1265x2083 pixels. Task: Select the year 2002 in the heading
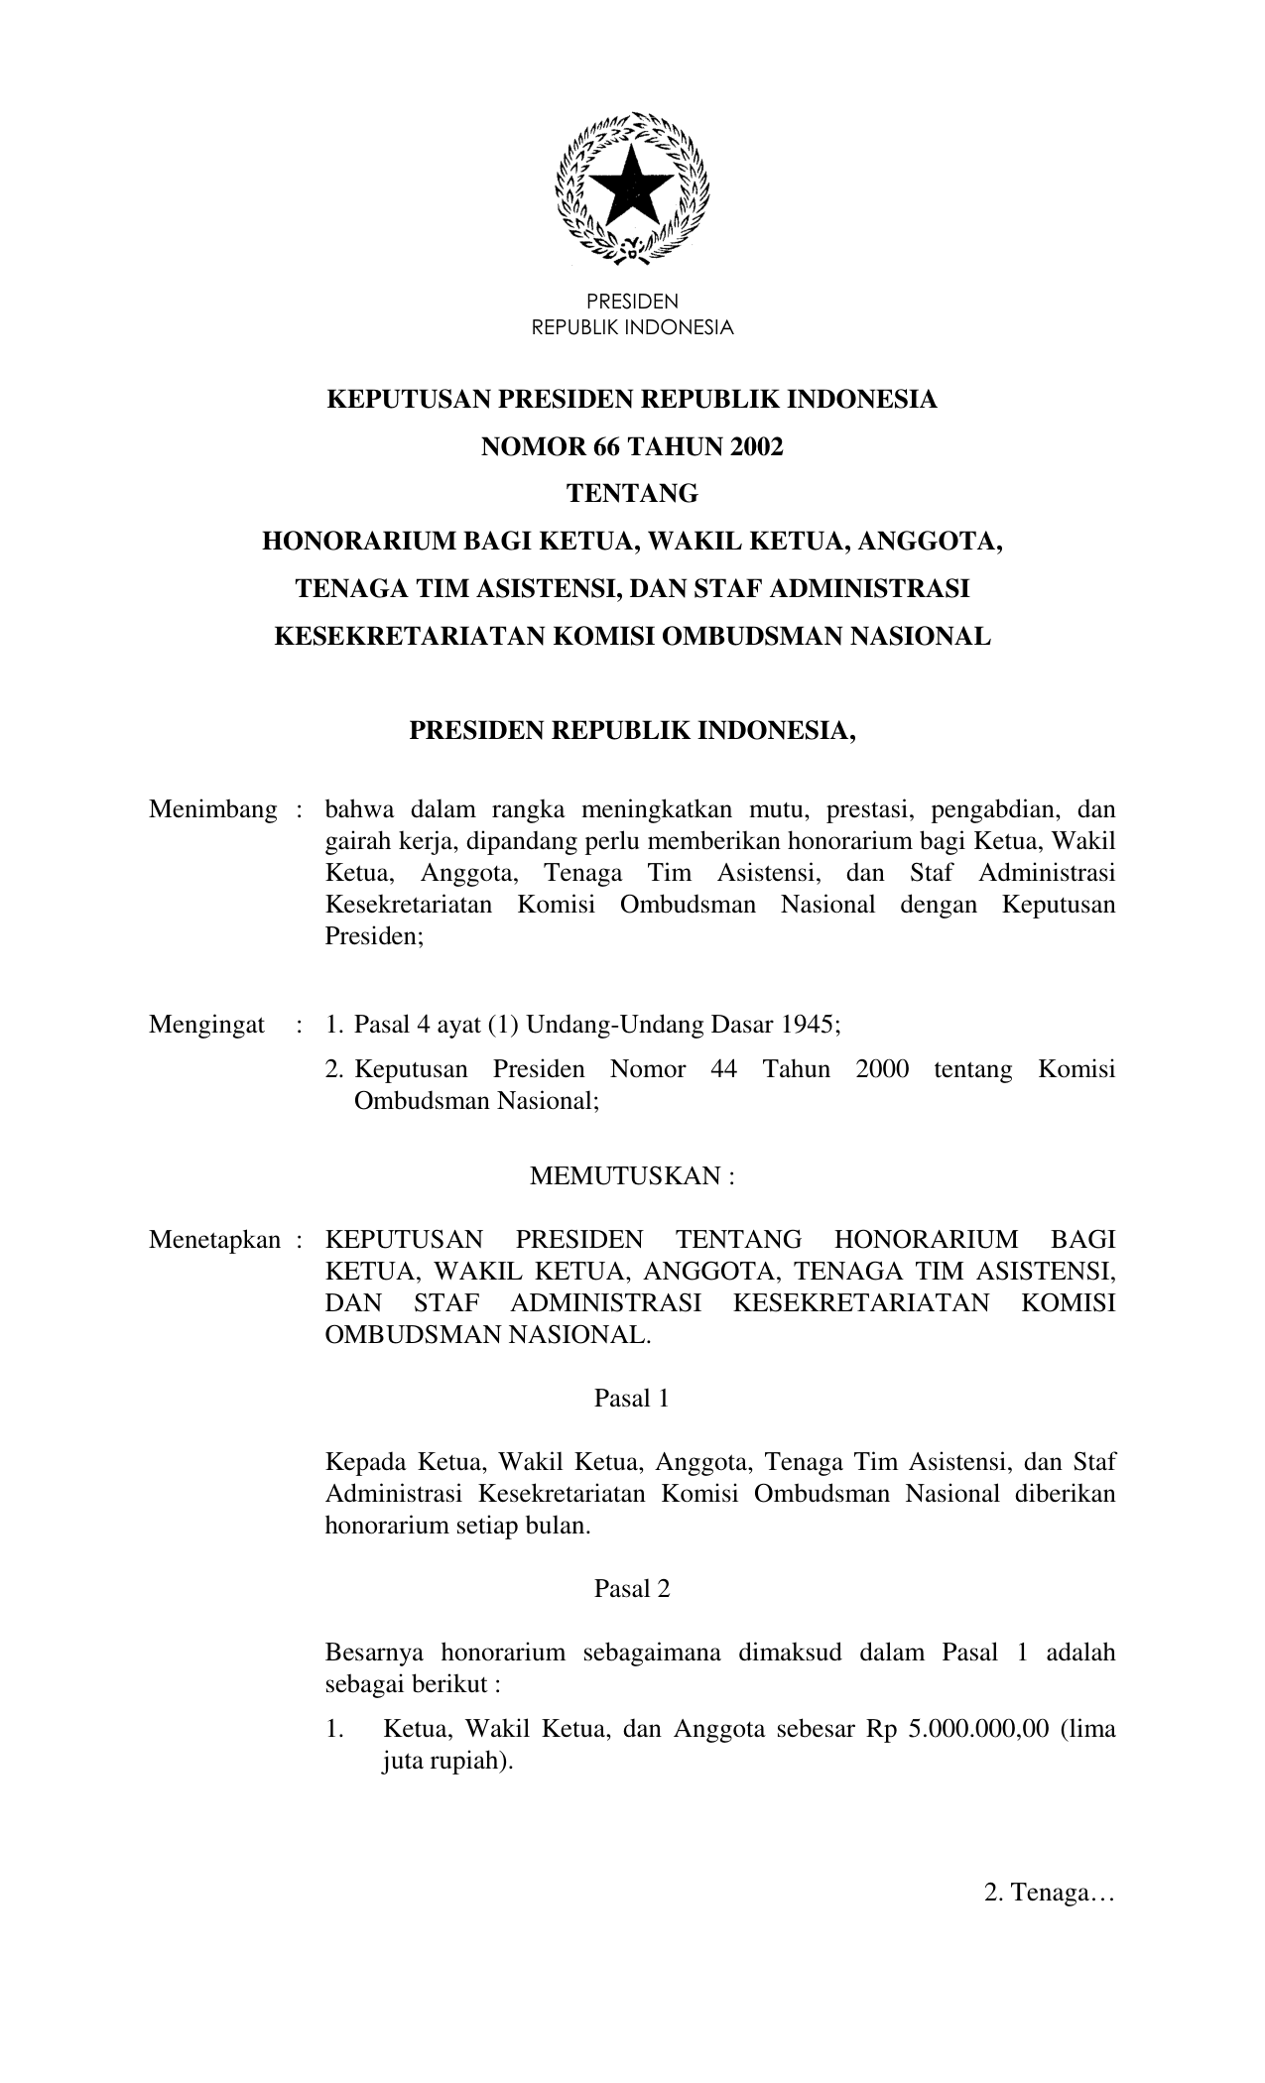pyautogui.click(x=759, y=447)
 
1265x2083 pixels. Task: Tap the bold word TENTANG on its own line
pyautogui.click(x=632, y=494)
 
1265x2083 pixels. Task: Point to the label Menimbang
pyautogui.click(x=212, y=810)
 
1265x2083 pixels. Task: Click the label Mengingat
pyautogui.click(x=206, y=1025)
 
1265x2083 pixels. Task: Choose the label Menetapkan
pyautogui.click(x=214, y=1240)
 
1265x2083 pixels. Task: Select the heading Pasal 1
pyautogui.click(x=631, y=1399)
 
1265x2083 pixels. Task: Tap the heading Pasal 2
pyautogui.click(x=631, y=1589)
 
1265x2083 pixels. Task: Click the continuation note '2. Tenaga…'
pyautogui.click(x=1050, y=1894)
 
